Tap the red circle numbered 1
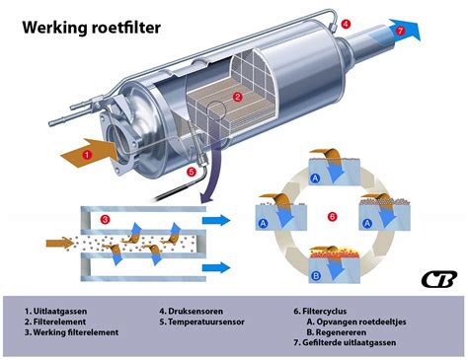point(88,154)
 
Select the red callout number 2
point(238,97)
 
